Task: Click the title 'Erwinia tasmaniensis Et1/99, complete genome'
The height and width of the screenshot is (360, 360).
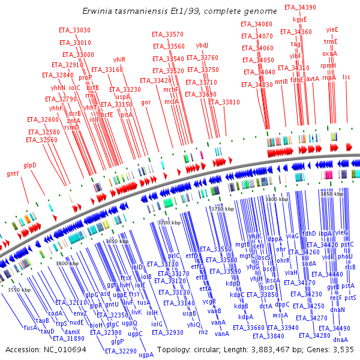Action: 180,11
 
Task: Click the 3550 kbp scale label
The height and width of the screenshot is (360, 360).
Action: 19,289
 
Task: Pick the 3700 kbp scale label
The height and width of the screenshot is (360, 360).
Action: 169,223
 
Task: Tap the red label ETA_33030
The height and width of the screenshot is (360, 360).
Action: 75,30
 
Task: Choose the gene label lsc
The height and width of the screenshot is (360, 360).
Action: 346,77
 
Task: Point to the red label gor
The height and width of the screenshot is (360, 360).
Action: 146,102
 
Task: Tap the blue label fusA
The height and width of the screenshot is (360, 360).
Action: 31,328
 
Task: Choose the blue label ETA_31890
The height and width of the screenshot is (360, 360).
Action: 68,338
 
